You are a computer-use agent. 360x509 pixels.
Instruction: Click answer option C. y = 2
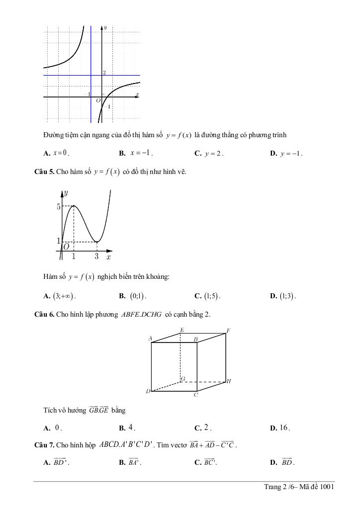pos(209,154)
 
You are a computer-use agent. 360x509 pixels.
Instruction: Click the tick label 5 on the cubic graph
pos(58,206)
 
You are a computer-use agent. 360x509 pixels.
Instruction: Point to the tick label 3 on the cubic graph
pos(96,257)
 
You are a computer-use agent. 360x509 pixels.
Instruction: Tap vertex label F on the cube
pos(229,331)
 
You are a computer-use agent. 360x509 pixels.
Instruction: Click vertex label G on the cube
pos(183,379)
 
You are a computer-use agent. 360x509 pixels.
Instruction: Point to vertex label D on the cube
pos(148,392)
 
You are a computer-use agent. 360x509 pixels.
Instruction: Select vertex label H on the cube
pos(229,382)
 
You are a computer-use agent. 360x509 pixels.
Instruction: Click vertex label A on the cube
pos(150,339)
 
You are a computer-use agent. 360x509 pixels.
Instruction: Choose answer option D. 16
pos(280,428)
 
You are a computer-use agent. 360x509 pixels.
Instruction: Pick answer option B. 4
pos(128,427)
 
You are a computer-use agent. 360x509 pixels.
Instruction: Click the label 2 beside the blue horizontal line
pos(104,73)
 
